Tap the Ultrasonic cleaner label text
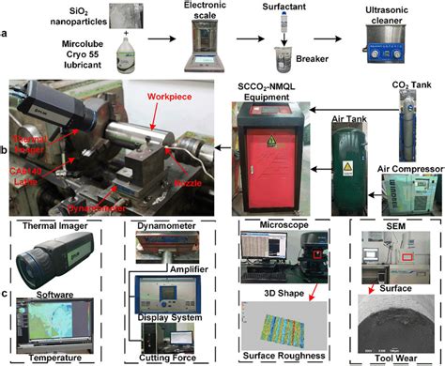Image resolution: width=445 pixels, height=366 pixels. pyautogui.click(x=389, y=13)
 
